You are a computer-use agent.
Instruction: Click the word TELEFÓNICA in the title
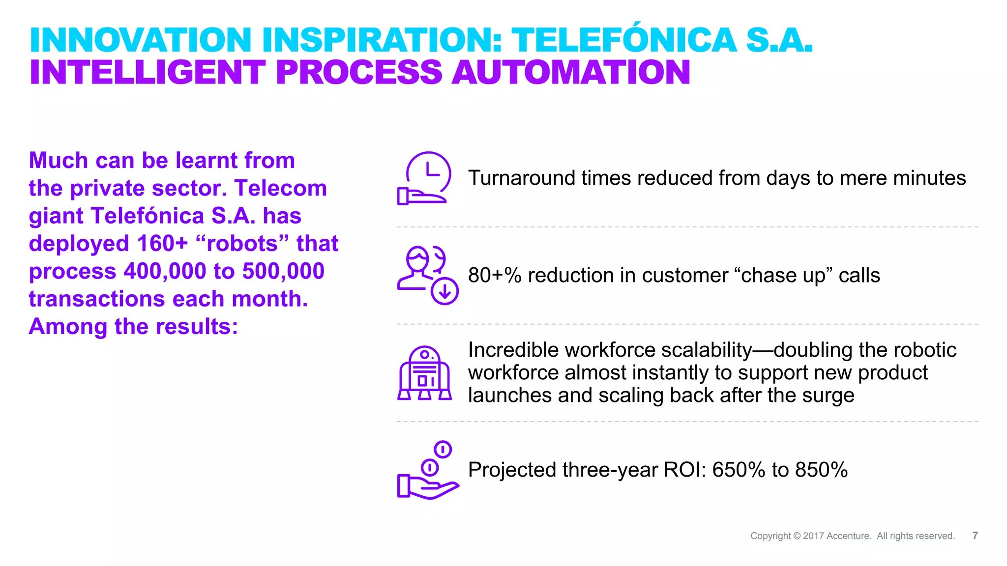click(x=624, y=40)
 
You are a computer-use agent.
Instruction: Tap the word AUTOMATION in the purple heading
click(x=571, y=73)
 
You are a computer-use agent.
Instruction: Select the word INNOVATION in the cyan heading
click(x=141, y=40)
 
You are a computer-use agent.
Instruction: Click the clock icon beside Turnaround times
click(x=427, y=176)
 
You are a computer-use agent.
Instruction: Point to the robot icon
click(x=424, y=373)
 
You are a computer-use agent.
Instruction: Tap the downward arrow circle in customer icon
click(x=444, y=292)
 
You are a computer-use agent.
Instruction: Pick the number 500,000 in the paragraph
click(x=283, y=271)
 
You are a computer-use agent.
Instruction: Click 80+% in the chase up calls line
click(x=494, y=276)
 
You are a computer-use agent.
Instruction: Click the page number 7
click(x=975, y=536)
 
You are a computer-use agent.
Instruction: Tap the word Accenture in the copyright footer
click(x=849, y=536)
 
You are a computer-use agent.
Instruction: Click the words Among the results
click(x=133, y=327)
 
